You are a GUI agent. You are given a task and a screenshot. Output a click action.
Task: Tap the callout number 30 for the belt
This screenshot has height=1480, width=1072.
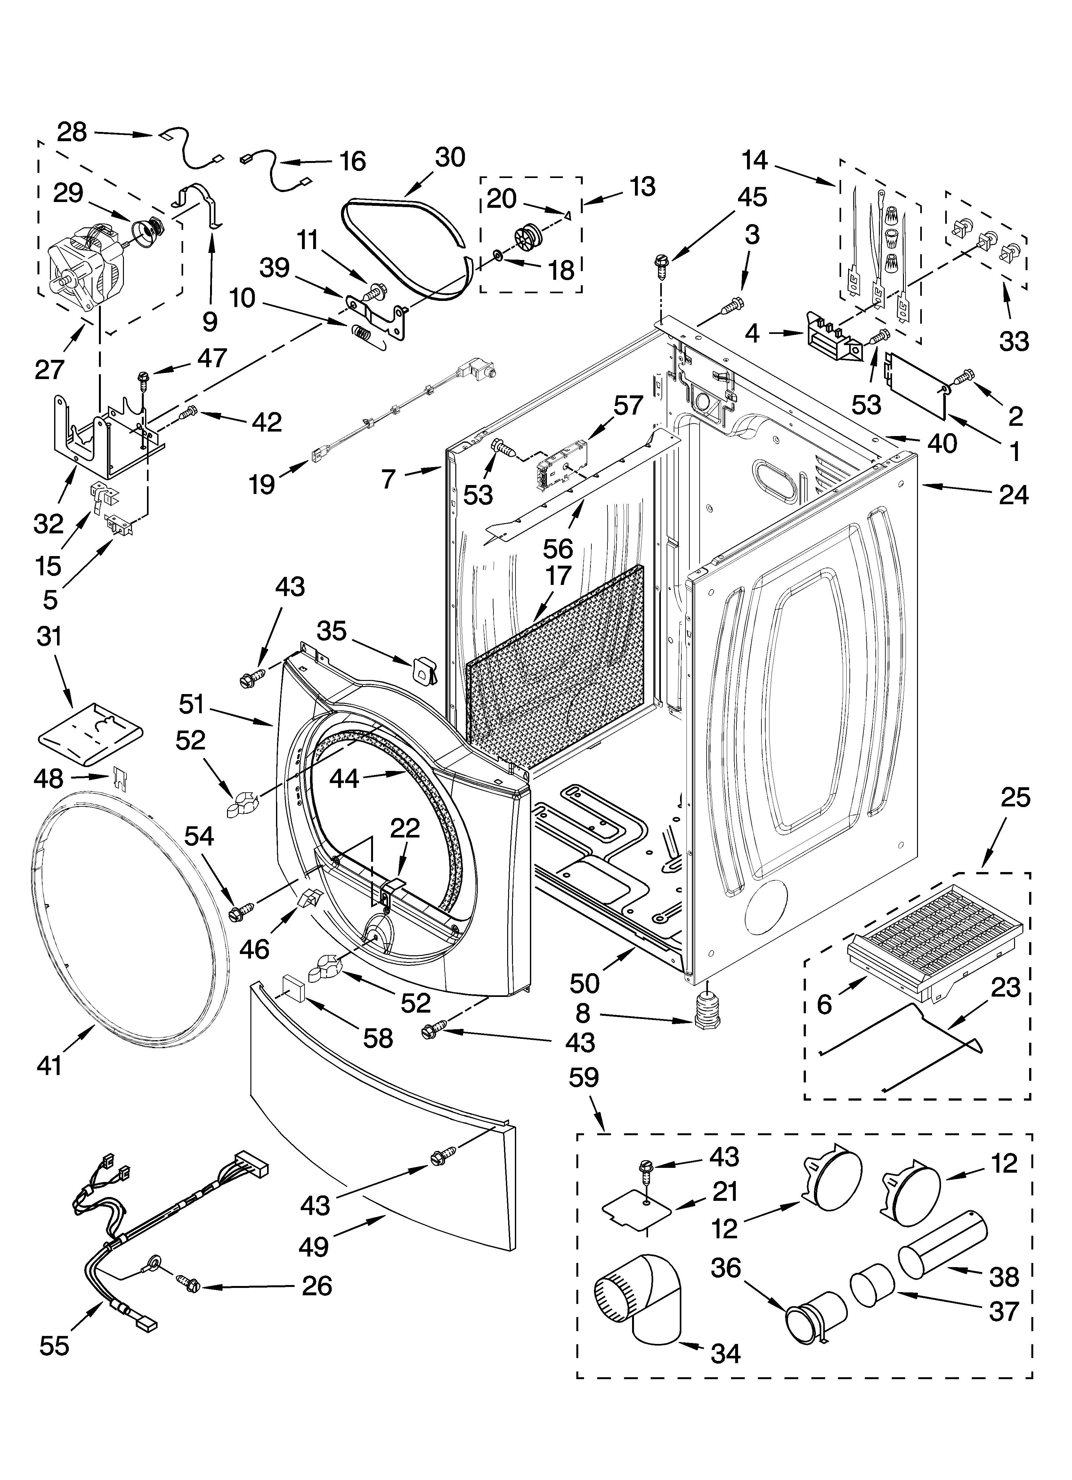pos(450,158)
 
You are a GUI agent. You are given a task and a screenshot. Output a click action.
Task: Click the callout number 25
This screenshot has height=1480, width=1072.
pos(1015,797)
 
